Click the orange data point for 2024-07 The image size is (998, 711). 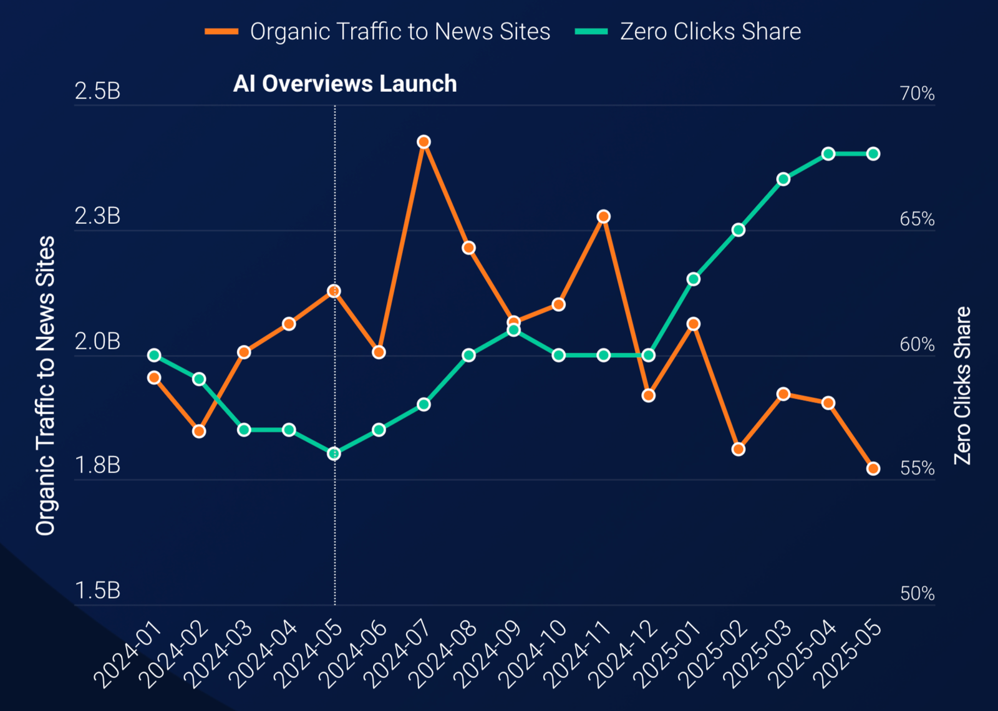click(424, 142)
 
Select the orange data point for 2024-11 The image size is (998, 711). click(603, 216)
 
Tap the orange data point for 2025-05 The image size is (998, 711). click(873, 468)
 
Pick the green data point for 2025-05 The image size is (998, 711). click(873, 154)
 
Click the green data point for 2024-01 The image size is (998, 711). click(154, 356)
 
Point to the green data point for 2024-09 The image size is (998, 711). click(513, 330)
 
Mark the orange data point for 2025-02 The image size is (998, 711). click(739, 449)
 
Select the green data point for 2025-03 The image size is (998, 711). click(783, 180)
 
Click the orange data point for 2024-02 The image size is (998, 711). click(199, 431)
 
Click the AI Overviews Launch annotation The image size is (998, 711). click(345, 84)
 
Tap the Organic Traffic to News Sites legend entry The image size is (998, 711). click(378, 32)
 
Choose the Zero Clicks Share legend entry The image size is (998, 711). click(689, 32)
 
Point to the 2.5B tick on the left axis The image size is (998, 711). click(97, 92)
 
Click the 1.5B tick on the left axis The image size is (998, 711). click(97, 591)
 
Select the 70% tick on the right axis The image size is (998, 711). click(917, 94)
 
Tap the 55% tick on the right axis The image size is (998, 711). click(917, 468)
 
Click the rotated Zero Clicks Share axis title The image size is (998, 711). click(963, 385)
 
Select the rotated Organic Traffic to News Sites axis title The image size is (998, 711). click(46, 385)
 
